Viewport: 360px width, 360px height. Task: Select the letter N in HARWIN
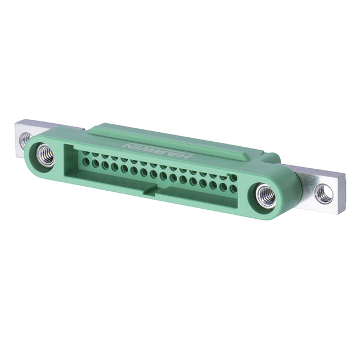click(126, 144)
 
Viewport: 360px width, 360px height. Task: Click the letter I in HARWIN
click(138, 146)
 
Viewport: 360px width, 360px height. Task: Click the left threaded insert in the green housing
click(45, 155)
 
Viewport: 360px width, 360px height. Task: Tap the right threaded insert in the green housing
click(265, 196)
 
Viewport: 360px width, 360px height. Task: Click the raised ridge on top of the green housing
click(169, 139)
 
